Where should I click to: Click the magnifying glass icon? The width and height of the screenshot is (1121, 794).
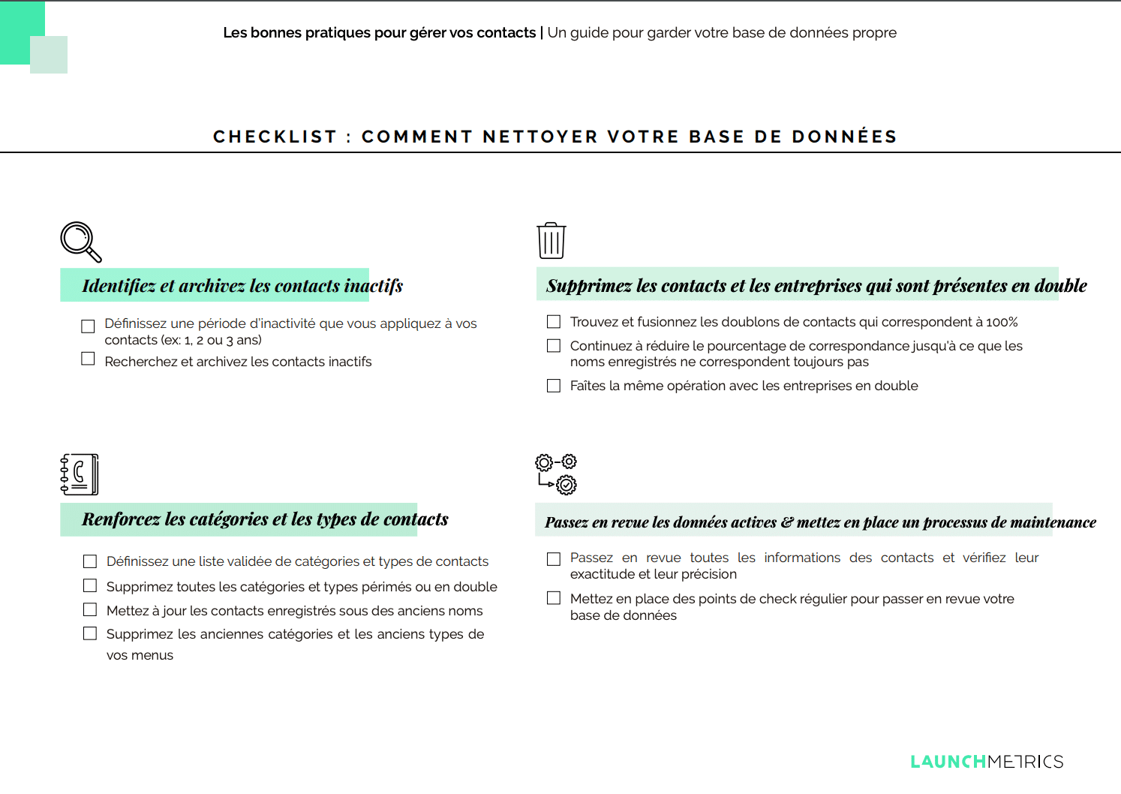point(80,242)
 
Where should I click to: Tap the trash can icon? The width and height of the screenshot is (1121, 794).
point(551,241)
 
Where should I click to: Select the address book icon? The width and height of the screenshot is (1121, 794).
point(80,474)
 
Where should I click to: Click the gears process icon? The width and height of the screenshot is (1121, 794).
point(556,474)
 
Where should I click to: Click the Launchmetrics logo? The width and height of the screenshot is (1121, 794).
point(987,762)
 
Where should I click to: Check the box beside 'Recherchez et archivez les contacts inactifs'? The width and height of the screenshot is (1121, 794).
point(89,359)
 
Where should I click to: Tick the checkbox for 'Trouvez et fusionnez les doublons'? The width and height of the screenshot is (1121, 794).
point(554,322)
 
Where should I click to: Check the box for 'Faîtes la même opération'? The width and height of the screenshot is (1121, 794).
point(554,386)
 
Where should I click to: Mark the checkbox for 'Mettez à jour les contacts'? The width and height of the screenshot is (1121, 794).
point(90,609)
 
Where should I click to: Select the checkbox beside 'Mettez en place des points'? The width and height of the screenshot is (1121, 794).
point(554,598)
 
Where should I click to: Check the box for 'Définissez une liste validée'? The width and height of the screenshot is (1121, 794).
point(90,561)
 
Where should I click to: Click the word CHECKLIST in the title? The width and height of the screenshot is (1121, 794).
point(275,137)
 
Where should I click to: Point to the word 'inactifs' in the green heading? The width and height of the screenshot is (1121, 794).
point(374,286)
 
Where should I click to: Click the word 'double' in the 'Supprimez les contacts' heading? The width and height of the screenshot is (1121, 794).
point(1060,286)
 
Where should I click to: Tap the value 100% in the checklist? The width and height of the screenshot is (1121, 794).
point(1002,322)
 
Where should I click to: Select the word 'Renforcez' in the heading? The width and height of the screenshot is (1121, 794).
point(121,519)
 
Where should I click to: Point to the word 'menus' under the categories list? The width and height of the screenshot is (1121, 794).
point(155,655)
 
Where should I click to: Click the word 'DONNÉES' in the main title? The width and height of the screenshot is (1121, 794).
point(844,137)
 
